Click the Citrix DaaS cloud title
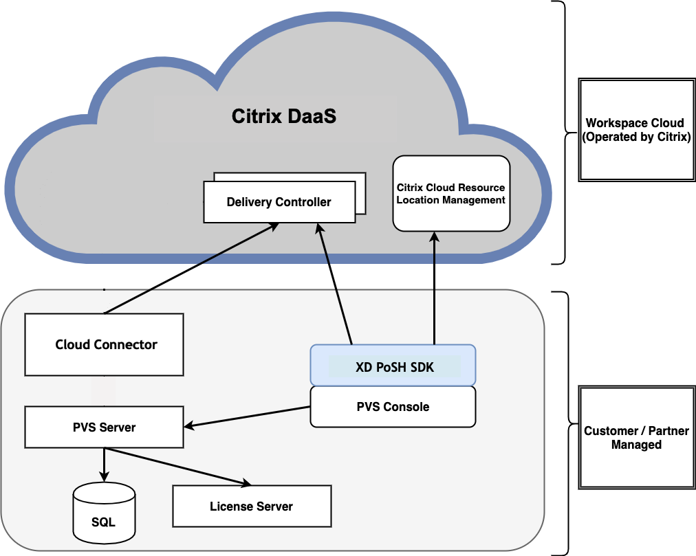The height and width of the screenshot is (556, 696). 283,116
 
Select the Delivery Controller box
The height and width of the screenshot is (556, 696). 279,202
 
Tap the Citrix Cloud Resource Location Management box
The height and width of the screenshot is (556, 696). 451,193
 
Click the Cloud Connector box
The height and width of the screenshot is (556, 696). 105,344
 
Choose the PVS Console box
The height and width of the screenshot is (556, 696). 393,407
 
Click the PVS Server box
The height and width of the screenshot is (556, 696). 104,427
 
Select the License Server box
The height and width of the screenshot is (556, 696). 251,507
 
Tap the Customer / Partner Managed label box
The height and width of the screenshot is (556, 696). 636,438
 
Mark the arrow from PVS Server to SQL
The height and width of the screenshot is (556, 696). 104,464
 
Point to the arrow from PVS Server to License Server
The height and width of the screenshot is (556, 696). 179,467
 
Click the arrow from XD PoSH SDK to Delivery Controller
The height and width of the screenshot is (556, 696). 336,285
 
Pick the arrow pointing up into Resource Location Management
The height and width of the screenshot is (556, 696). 435,289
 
